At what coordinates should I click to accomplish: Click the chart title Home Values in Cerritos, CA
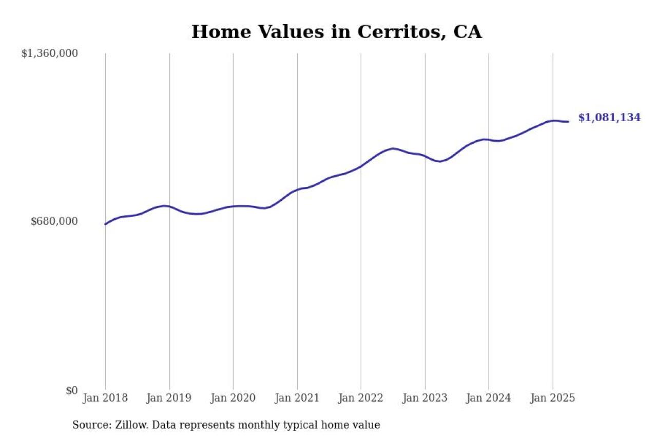[337, 32]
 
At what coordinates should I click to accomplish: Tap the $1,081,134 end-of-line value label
[609, 118]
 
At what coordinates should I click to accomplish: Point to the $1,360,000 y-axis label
[49, 53]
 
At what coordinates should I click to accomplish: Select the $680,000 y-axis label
[54, 221]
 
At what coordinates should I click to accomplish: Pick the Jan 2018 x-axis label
[105, 398]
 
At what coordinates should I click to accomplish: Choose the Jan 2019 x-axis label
[169, 398]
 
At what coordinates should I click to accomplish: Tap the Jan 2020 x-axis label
[233, 398]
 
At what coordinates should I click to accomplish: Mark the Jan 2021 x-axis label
[297, 398]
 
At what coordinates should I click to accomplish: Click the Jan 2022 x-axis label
[361, 398]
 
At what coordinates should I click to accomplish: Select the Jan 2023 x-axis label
[425, 398]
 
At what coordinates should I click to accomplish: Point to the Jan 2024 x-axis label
[489, 398]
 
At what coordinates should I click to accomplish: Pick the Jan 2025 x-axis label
[553, 398]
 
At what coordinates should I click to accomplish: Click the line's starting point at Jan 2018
[105, 224]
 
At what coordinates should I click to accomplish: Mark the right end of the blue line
[568, 122]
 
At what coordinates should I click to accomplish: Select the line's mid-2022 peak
[393, 148]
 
